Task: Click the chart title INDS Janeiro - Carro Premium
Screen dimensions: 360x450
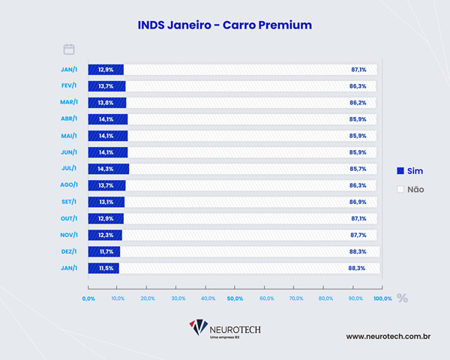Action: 224,25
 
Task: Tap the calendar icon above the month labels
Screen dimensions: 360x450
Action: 69,49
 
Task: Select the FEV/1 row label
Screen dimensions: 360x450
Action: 72,86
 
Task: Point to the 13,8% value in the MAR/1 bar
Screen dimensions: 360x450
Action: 106,103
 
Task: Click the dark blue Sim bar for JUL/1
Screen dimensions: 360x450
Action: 109,169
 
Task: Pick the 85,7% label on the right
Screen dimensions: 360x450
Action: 358,169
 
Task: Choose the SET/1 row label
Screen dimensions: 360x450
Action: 72,202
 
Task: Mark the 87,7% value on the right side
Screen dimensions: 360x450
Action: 358,235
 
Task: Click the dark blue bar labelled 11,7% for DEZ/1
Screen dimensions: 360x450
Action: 104,251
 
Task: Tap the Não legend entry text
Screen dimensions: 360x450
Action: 415,189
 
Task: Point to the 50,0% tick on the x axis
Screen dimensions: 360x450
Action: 235,298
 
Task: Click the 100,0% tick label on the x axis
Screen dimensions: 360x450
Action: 382,298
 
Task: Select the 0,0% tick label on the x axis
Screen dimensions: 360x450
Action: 88,298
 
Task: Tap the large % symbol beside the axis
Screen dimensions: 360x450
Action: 403,298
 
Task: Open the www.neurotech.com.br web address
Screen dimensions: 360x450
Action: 387,337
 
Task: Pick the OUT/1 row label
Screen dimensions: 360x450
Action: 72,218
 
